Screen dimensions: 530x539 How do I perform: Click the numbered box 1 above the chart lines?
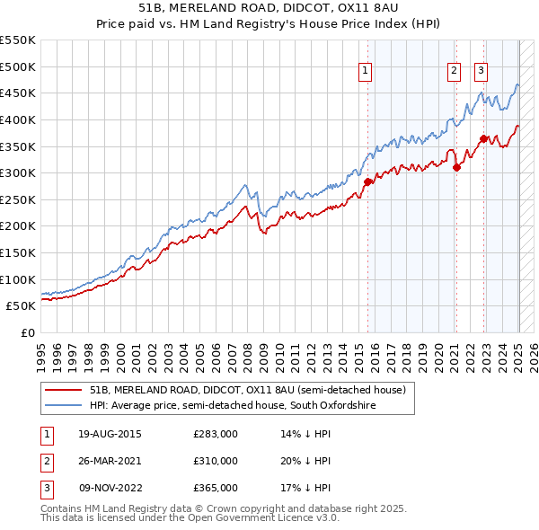point(367,72)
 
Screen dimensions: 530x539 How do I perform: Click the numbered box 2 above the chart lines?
point(454,72)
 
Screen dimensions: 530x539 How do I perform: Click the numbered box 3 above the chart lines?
point(481,72)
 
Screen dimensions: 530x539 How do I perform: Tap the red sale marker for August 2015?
point(367,181)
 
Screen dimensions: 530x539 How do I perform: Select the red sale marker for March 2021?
point(456,166)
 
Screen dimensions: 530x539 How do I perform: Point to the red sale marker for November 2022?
point(483,138)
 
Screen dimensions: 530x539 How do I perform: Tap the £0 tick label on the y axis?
point(27,332)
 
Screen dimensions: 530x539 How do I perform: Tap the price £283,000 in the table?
point(216,434)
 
